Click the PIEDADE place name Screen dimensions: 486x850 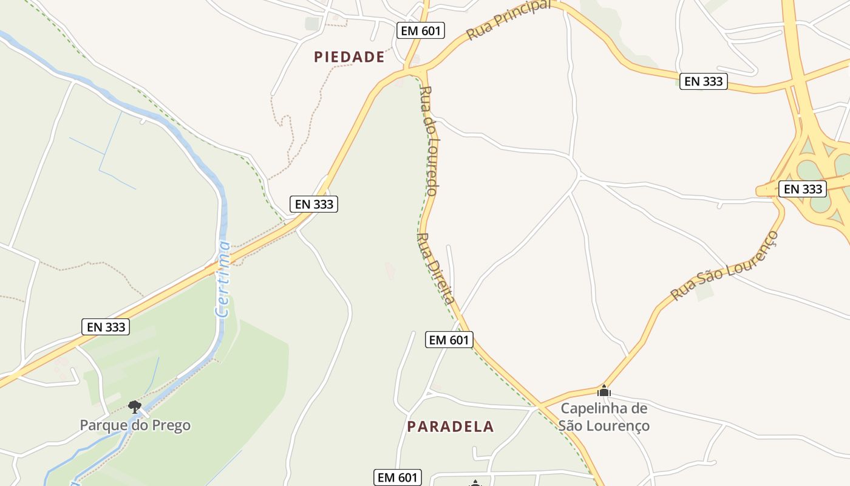(x=349, y=57)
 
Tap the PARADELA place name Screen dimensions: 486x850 (x=450, y=426)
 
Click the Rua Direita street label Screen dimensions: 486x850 (x=437, y=268)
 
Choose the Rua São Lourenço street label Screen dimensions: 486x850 (x=724, y=265)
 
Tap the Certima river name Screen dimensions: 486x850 (x=223, y=279)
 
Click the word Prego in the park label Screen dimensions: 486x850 (x=166, y=425)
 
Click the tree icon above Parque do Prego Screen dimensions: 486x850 (x=135, y=406)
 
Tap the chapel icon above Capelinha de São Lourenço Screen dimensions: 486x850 (x=603, y=391)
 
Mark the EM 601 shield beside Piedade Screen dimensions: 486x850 (x=421, y=30)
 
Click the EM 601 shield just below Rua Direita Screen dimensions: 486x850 (x=449, y=340)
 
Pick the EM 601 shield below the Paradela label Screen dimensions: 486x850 (x=398, y=477)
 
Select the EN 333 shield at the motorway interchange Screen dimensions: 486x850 (x=803, y=189)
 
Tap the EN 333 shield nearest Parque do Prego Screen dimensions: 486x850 (x=106, y=327)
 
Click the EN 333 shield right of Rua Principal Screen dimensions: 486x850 (x=703, y=81)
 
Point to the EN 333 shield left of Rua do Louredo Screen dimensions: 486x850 (x=314, y=204)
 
